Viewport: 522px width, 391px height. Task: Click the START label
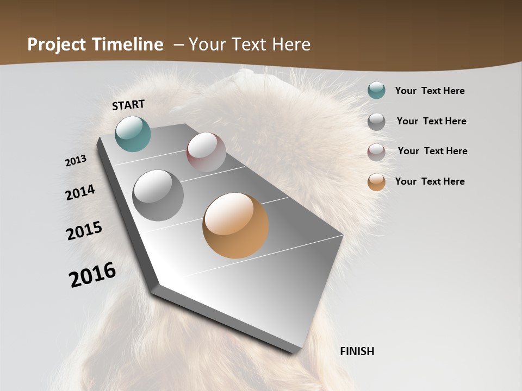128,105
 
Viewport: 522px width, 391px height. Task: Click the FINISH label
357,351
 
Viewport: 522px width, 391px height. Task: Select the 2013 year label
76,160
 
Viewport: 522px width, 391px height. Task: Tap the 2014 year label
80,192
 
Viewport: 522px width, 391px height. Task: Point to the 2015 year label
84,231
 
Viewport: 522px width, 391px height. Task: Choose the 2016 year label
92,275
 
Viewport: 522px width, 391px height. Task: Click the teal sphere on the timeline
133,134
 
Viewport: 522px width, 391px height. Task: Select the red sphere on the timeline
206,152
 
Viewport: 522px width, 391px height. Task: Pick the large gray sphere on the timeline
158,195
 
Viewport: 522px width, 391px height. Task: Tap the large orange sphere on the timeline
235,225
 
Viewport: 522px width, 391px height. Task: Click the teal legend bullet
376,90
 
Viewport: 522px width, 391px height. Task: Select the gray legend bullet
376,121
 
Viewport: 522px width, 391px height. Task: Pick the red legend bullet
376,152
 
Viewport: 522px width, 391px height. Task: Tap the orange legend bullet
376,182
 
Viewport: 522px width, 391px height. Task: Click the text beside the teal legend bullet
430,91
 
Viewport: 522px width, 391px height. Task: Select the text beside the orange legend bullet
430,181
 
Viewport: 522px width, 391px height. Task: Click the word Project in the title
57,45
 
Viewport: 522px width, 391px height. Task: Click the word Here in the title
291,45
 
